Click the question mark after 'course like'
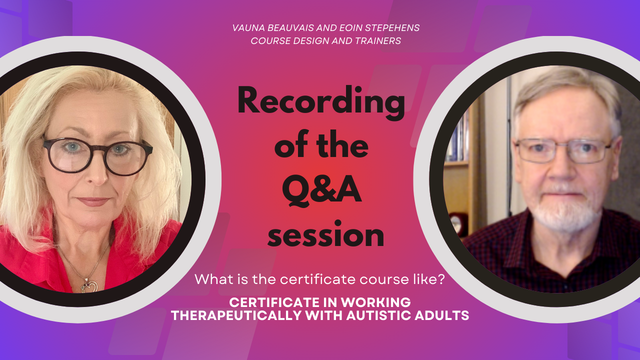click(441, 279)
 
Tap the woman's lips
click(92, 202)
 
